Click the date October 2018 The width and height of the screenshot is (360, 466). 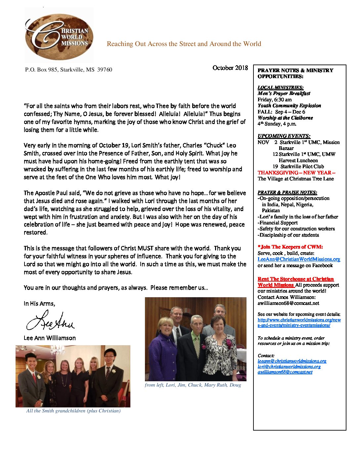click(x=230, y=68)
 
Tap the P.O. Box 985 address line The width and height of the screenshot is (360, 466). click(x=68, y=70)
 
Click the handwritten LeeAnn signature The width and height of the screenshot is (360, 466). click(x=50, y=321)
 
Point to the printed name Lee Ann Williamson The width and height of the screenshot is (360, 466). click(x=50, y=338)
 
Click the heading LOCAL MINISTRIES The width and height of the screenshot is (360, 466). click(x=280, y=87)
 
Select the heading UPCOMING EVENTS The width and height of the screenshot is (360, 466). click(x=284, y=136)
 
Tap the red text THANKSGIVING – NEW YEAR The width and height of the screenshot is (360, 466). click(x=296, y=173)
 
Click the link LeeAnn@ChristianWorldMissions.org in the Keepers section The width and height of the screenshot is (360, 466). click(x=298, y=259)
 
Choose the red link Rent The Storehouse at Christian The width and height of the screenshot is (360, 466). click(x=295, y=279)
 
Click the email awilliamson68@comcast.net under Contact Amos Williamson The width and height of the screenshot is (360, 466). click(x=288, y=303)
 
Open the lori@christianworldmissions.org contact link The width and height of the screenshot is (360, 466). click(x=289, y=366)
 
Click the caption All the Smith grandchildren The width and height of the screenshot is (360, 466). click(x=73, y=411)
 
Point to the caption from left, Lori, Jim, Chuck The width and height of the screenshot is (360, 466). click(x=193, y=385)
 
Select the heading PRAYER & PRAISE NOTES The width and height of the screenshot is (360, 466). click(x=287, y=192)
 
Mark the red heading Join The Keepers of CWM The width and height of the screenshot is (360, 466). click(x=290, y=247)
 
